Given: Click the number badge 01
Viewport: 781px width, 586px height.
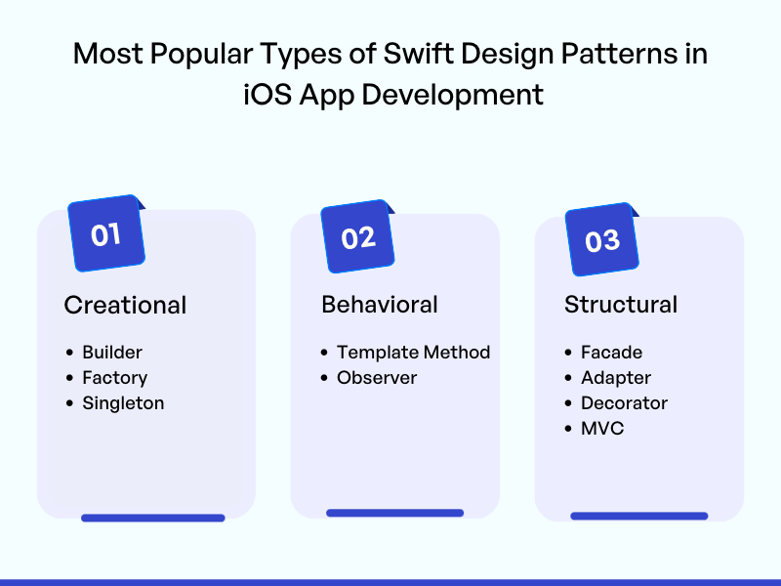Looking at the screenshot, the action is (106, 233).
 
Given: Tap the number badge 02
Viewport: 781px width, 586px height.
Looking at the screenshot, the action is (358, 236).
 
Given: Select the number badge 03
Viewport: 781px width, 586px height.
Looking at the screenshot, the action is (602, 239).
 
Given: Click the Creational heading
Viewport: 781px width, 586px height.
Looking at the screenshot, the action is (125, 305).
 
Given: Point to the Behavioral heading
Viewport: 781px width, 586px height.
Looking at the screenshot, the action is (380, 305).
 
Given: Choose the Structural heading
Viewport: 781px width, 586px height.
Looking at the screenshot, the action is (621, 305).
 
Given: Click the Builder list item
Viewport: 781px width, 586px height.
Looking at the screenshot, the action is (112, 353).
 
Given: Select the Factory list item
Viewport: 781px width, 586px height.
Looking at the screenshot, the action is (114, 378).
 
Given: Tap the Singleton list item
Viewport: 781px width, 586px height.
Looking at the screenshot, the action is (123, 403).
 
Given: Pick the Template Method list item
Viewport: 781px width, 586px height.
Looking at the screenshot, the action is (413, 353).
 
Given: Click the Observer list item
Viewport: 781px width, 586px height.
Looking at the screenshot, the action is (377, 378).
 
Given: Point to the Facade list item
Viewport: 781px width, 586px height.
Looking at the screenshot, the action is (611, 353).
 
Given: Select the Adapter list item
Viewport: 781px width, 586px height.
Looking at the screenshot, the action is (616, 378).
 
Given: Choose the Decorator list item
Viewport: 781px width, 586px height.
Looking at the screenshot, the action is (624, 403).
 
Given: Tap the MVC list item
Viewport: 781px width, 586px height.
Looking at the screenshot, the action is (602, 429).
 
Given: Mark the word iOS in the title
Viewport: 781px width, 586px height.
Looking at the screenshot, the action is (267, 94).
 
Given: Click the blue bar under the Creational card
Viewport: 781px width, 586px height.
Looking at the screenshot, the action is (153, 518).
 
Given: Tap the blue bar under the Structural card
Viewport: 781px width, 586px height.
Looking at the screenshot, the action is (639, 516).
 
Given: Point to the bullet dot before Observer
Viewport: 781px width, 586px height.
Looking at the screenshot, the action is (324, 378).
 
